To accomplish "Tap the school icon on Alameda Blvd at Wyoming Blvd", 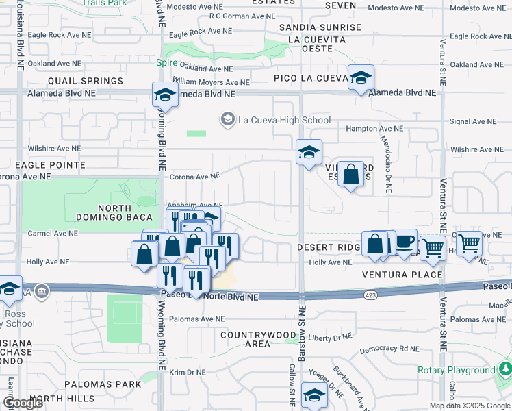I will point(165,96).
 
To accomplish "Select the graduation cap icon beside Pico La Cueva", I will point(360,78).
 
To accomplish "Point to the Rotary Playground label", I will point(457,370).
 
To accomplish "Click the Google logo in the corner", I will point(24,402).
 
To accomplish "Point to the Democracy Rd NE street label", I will point(389,349).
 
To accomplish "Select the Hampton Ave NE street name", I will point(374,128).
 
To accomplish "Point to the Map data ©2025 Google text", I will point(470,406).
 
